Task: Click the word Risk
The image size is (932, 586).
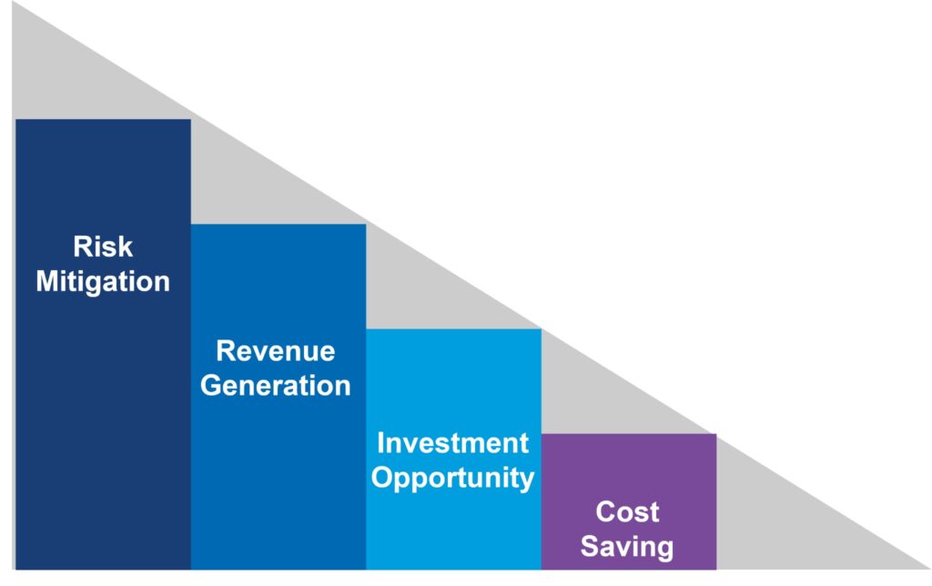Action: pos(103,247)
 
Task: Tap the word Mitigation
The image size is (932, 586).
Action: pos(103,282)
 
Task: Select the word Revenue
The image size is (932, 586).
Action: pos(276,351)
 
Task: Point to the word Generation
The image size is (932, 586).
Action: pos(276,386)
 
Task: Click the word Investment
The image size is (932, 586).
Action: pos(453,443)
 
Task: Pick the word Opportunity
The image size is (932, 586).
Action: pos(453,479)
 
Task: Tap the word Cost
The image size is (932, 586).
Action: pos(628,512)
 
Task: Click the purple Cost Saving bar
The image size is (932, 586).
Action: pos(629,501)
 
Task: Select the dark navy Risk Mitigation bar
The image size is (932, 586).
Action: pos(104,345)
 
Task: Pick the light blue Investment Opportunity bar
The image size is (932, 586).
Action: pos(453,450)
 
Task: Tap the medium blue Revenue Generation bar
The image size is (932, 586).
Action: pos(279,397)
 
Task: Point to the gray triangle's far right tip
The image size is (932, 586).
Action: pos(929,569)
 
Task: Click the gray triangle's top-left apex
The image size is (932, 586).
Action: pos(13,3)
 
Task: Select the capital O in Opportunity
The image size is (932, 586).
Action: pos(382,477)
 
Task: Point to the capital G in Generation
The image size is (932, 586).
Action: pos(211,386)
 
